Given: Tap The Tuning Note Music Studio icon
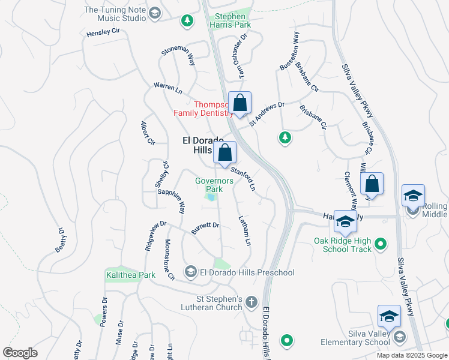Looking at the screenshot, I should click(155, 14).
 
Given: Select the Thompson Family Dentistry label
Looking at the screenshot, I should click(203, 108).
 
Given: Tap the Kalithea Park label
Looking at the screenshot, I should click(128, 275).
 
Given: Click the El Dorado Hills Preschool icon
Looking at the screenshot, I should click(191, 272).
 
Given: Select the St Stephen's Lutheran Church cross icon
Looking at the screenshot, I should click(252, 301).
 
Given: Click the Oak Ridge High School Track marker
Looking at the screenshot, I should click(379, 244).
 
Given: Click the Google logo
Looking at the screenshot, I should click(20, 352).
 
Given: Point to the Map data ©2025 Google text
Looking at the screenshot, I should click(412, 355).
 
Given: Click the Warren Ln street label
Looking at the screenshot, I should click(167, 89).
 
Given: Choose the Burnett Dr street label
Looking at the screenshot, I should click(205, 228).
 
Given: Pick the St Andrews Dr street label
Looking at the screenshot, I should click(267, 113).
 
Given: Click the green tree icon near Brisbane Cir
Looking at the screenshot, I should click(285, 138).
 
